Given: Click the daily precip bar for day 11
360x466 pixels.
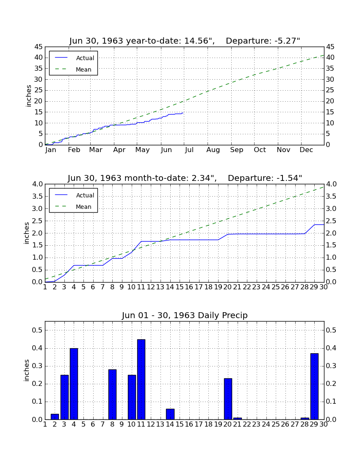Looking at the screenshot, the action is (141, 379).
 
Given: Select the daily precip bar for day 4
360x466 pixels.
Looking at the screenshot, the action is (74, 384).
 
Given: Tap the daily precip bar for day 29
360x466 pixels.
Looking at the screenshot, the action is (314, 386).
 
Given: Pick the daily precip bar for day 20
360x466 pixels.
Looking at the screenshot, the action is (228, 399).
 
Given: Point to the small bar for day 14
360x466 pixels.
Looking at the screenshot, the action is (170, 414).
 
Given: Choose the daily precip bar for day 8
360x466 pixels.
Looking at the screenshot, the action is (112, 394).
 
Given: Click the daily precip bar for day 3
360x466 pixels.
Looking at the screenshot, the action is (64, 397).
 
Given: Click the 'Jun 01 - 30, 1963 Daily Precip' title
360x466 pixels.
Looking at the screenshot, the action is (185, 315).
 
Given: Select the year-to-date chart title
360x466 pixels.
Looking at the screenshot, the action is (185, 41).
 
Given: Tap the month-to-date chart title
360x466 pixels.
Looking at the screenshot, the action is (185, 178).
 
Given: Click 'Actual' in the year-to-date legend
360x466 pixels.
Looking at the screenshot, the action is (85, 58).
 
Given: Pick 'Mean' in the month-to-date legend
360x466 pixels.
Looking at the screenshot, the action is (83, 207).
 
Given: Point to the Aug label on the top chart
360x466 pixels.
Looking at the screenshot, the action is (213, 150).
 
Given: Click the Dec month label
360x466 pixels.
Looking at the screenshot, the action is (306, 150).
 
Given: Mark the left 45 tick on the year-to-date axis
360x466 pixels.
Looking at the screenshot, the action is (39, 47).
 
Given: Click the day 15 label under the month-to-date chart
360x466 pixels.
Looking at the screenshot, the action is (180, 287).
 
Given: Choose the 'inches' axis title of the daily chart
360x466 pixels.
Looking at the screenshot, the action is (27, 370).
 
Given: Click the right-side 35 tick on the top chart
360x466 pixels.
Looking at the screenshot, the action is (330, 68).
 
